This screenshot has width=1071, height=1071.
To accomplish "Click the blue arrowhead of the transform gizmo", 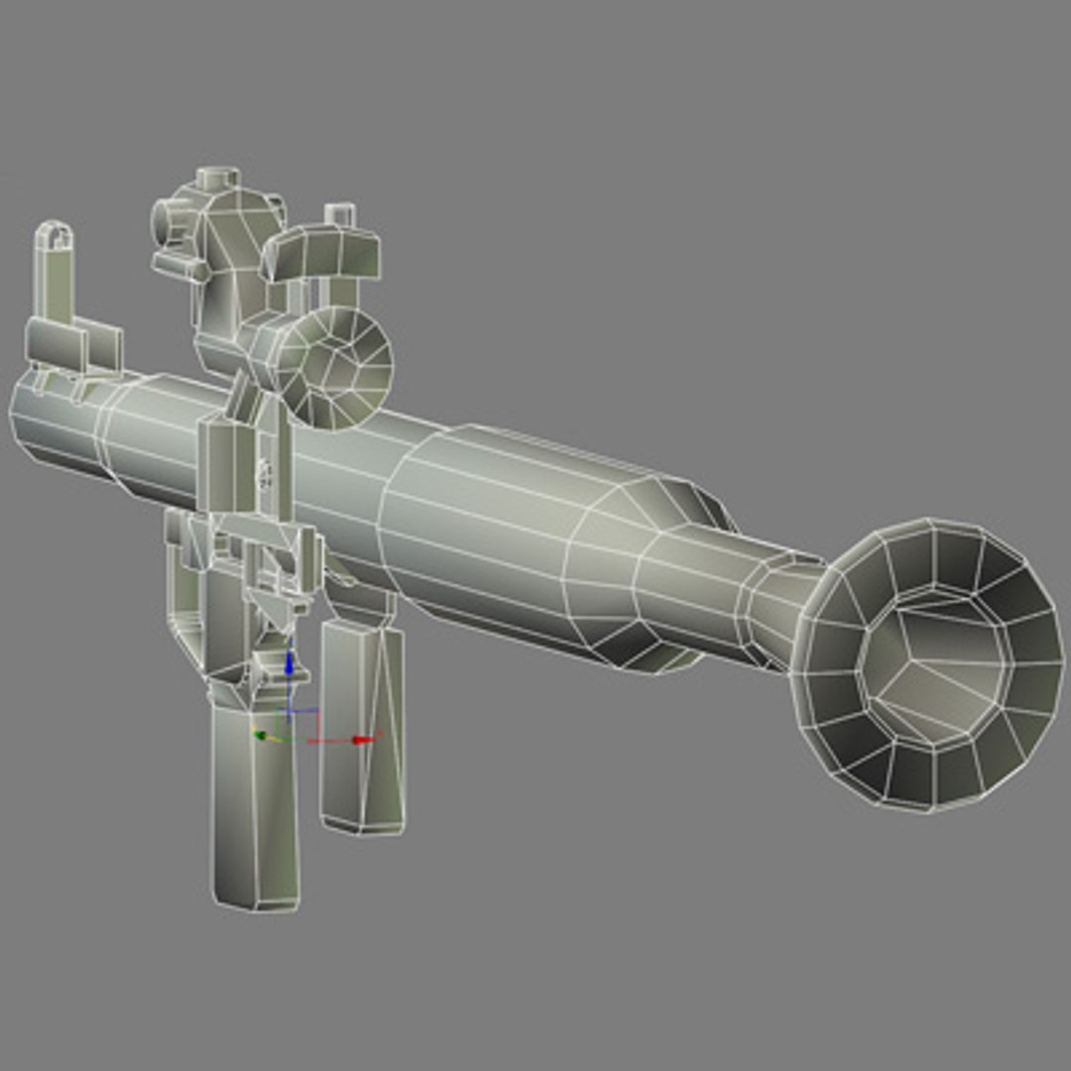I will coord(289,657).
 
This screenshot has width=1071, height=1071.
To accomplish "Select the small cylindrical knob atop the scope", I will coord(218,179).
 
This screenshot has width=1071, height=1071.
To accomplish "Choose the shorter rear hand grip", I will coord(361,724).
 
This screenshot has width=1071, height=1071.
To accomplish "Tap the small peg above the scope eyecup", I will coord(340,215).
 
